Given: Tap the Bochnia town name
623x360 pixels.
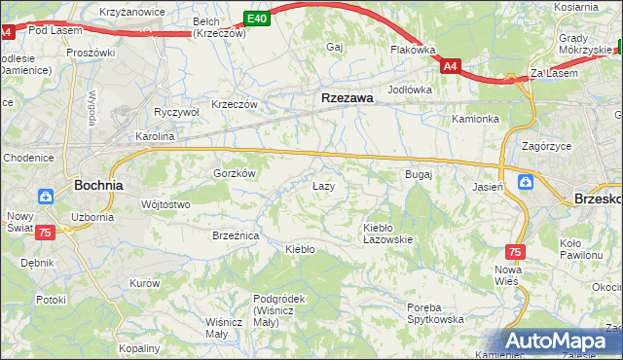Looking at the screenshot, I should (x=98, y=184).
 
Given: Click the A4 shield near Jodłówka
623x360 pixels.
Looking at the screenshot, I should (x=450, y=66).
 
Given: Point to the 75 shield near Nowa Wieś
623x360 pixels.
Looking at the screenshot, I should (x=515, y=252).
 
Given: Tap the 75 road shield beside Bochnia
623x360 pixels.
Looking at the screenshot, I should (x=45, y=233).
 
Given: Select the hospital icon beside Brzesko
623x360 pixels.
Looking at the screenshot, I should (x=526, y=181).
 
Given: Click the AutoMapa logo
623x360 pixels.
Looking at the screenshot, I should (x=563, y=342).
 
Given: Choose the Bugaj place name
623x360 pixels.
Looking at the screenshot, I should (x=418, y=174).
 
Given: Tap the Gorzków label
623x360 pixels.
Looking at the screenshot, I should (x=234, y=173).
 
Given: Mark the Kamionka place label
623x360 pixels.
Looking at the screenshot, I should (x=475, y=120).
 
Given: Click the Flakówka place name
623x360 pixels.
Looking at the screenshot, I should (x=412, y=49).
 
